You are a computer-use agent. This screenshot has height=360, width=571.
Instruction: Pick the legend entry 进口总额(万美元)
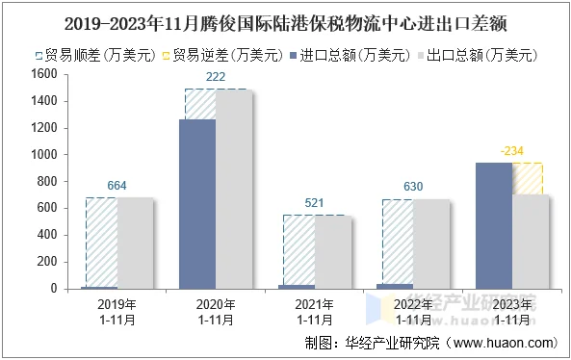(x=351, y=55)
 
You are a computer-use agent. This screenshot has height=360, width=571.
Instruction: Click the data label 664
(x=117, y=186)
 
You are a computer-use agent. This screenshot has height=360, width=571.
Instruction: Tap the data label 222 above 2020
(x=216, y=77)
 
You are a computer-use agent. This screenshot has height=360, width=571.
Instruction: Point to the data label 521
(x=315, y=204)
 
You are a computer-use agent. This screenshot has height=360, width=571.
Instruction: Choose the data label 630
(x=414, y=187)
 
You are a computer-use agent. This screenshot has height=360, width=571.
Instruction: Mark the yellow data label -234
(x=512, y=151)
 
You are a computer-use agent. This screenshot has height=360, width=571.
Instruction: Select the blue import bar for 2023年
(x=494, y=225)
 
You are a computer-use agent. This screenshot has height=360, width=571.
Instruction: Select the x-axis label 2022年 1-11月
(x=414, y=312)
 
